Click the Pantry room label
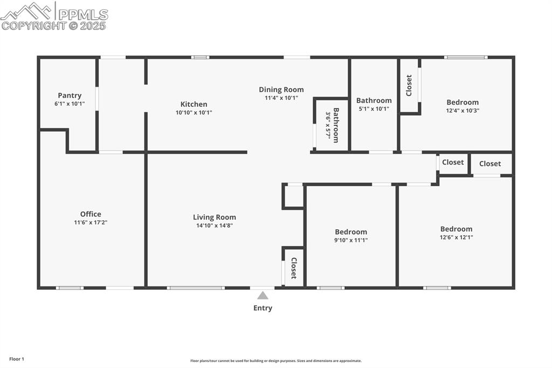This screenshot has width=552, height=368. [70, 96]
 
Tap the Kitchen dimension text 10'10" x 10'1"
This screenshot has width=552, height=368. [194, 113]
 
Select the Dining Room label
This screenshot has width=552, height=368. [281, 90]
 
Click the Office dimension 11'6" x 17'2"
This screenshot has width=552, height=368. [91, 222]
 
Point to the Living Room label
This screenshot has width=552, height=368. [215, 217]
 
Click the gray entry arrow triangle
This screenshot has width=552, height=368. [263, 295]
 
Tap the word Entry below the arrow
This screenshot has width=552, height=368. [263, 308]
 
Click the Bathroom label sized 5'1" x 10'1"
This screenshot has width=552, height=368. [374, 100]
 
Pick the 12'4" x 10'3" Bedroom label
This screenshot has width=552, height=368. [462, 102]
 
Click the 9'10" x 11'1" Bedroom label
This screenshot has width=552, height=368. [351, 231]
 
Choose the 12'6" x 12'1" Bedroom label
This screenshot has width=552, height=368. [456, 229]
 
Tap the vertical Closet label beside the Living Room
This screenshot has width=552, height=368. [294, 268]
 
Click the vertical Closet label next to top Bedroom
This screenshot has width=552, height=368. [409, 85]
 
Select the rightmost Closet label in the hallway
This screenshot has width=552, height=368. [489, 163]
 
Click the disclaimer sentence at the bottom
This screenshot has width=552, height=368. [275, 361]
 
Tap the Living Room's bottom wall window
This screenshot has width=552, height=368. [196, 288]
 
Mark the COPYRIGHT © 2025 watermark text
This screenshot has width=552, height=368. [54, 25]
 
